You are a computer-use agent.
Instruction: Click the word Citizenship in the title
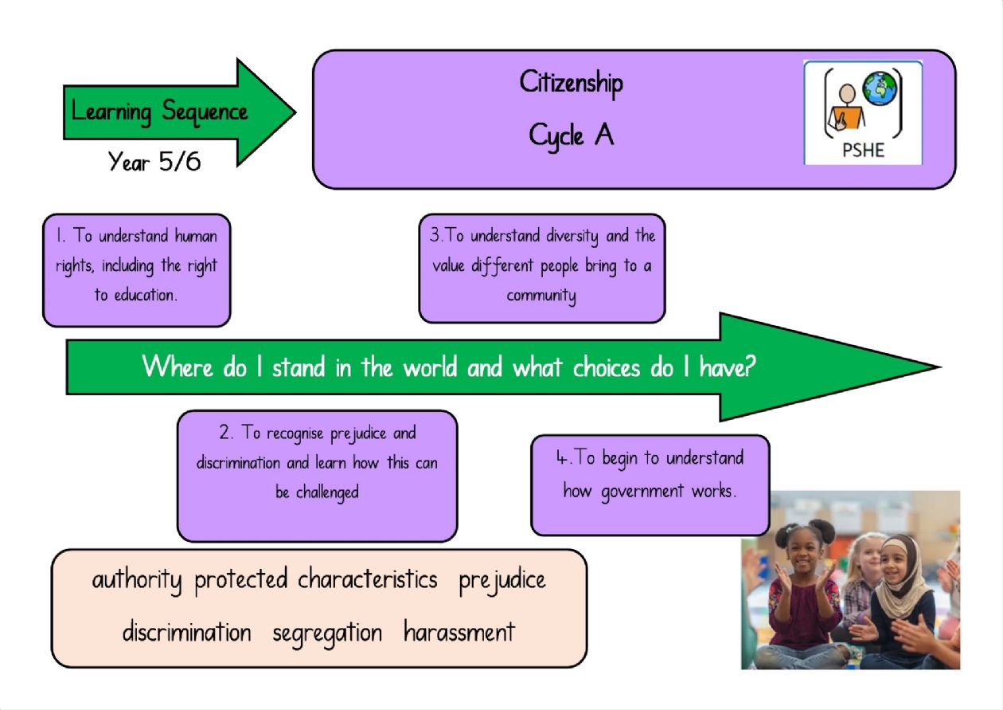(x=571, y=84)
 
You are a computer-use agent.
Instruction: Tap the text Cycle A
(x=571, y=135)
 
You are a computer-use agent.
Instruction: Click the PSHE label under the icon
(x=863, y=150)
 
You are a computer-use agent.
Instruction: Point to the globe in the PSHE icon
(x=880, y=89)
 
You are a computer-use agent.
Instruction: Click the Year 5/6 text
(x=154, y=162)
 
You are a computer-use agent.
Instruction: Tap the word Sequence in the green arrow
(x=205, y=112)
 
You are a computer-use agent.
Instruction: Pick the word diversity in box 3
(x=572, y=236)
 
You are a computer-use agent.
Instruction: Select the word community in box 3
(x=541, y=296)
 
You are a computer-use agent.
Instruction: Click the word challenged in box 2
(x=327, y=492)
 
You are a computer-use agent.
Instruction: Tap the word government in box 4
(x=642, y=492)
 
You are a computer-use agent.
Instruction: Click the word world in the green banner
(x=430, y=367)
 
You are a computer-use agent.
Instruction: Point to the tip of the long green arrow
(x=941, y=367)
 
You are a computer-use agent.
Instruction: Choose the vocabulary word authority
(x=137, y=580)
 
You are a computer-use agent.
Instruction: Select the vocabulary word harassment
(x=459, y=632)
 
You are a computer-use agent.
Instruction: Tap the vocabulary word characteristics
(x=368, y=579)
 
